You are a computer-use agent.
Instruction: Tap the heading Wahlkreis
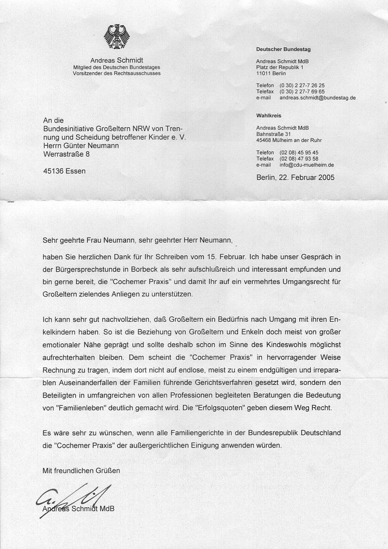pos(269,116)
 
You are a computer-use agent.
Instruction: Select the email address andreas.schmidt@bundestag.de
pos(318,98)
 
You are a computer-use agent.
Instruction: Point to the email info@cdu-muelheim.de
pos(310,165)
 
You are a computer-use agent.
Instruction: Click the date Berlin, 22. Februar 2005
pos(295,177)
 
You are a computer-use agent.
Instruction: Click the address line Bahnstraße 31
pos(274,134)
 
